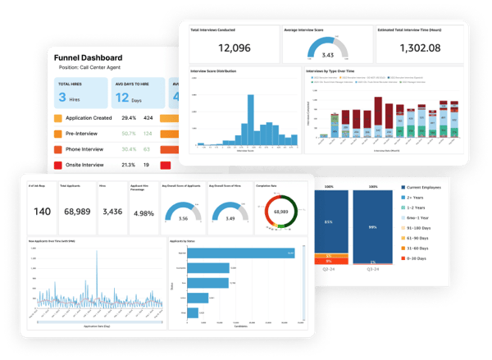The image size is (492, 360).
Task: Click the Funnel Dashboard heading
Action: tap(88, 57)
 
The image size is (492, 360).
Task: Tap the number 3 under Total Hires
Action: tap(62, 98)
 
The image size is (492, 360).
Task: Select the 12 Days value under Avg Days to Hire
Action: tap(121, 98)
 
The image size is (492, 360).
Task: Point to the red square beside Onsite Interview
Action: tap(57, 165)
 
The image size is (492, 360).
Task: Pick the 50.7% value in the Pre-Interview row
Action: tap(129, 134)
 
